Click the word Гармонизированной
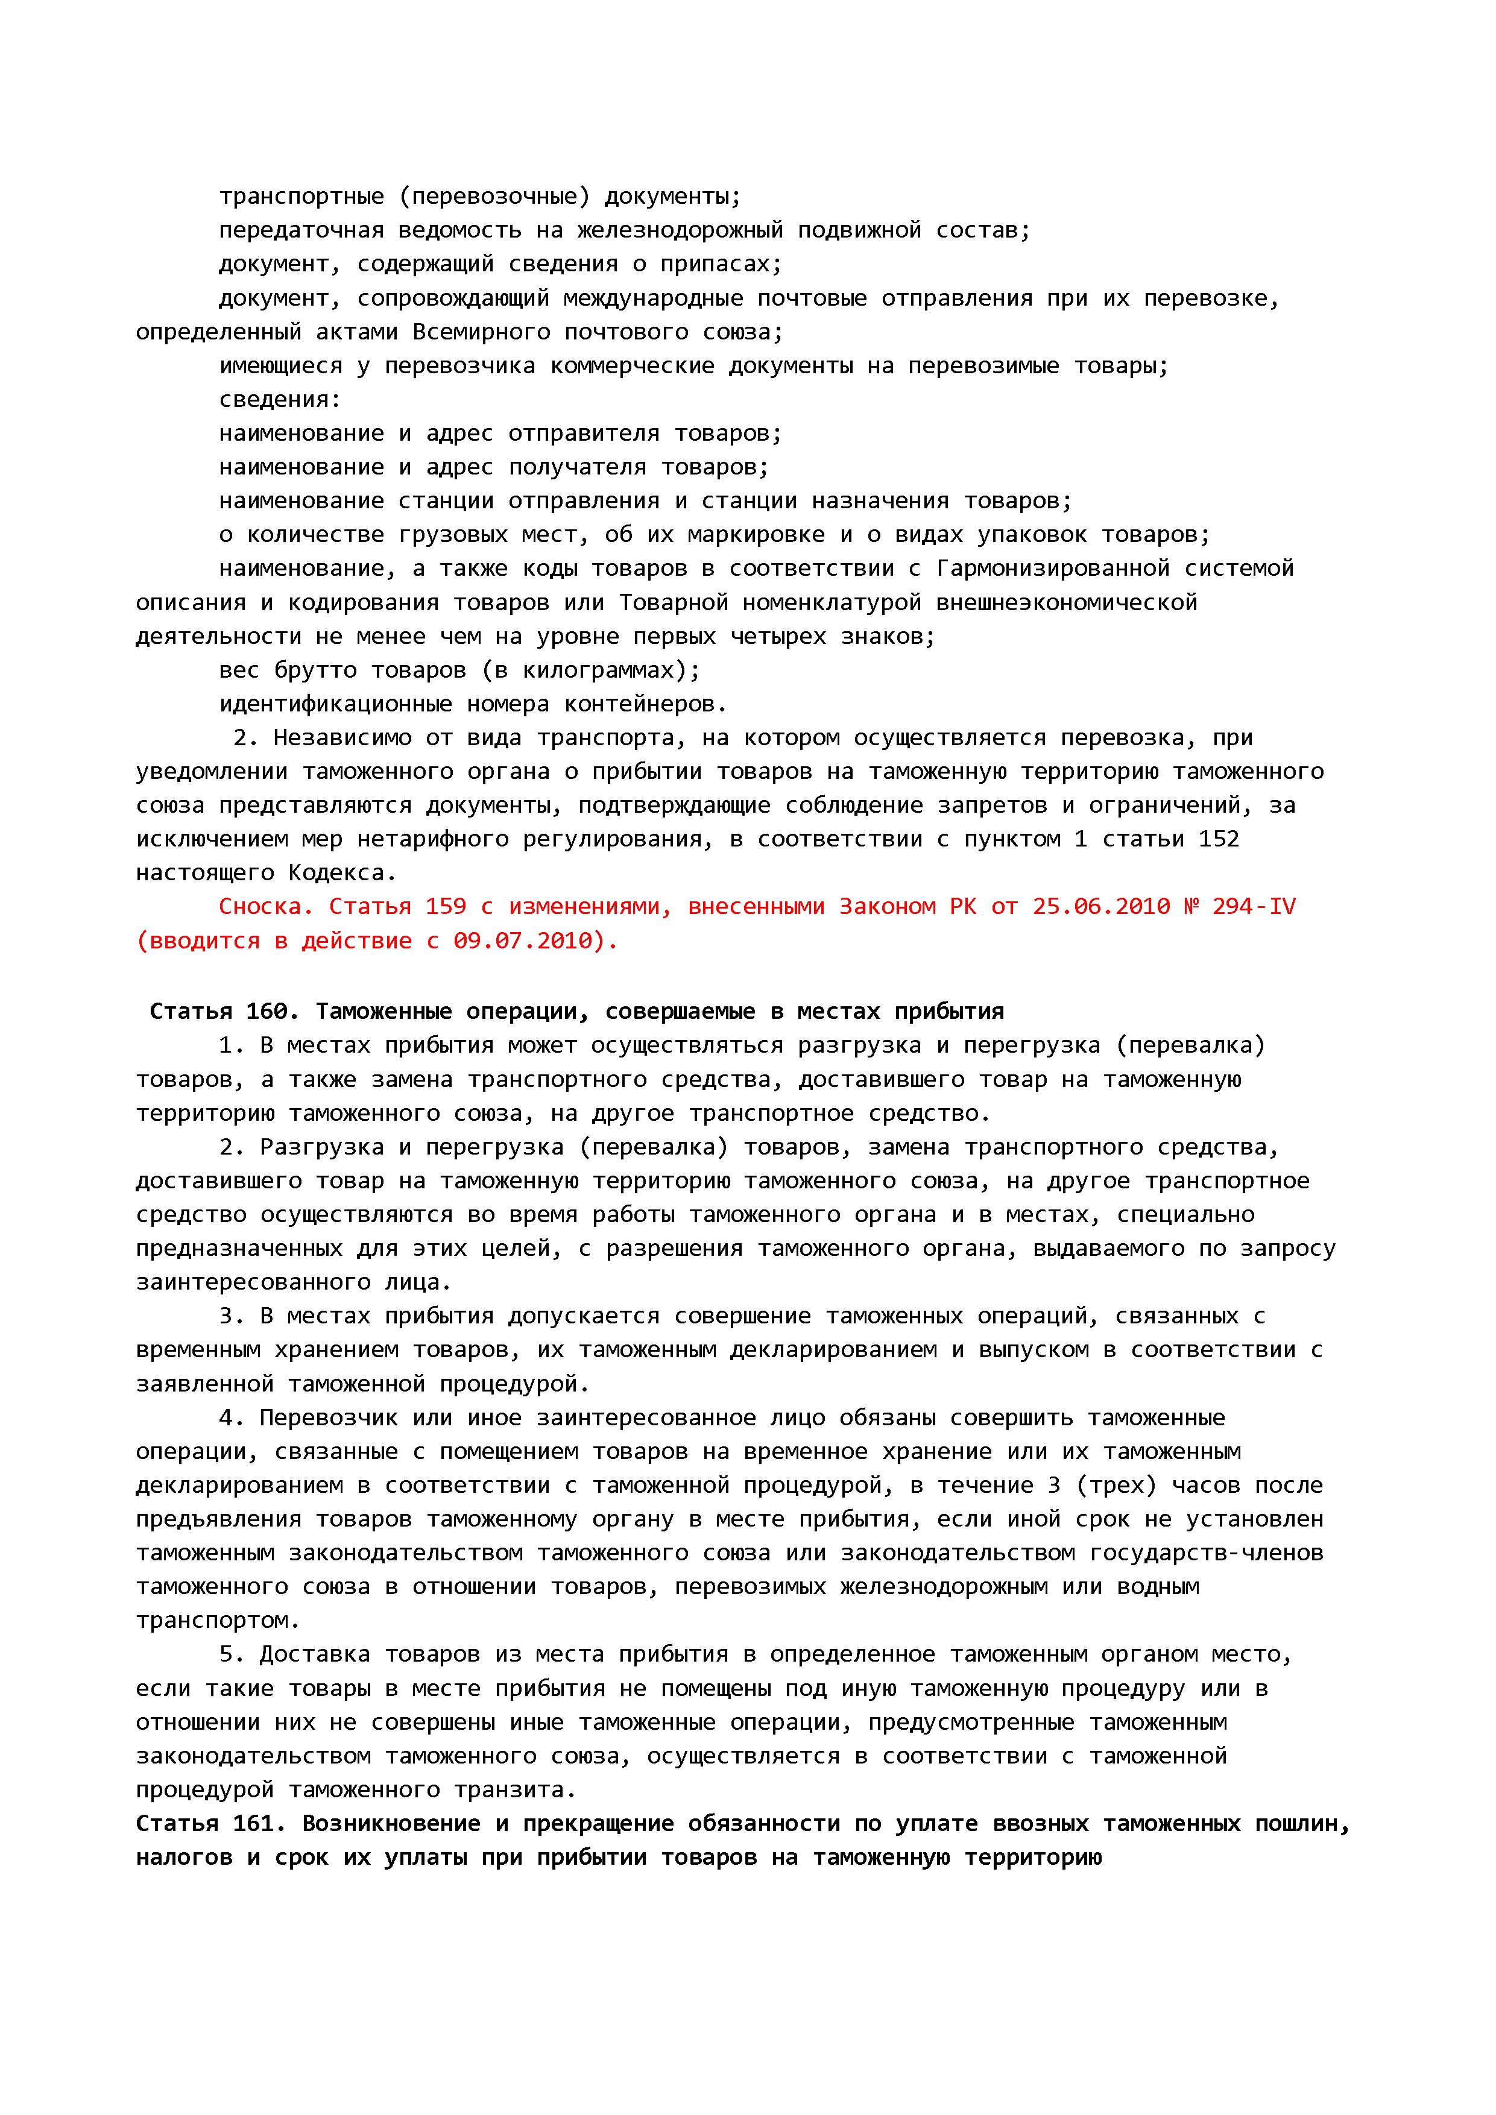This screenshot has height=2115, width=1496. (1053, 569)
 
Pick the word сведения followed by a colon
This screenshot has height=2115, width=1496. (279, 400)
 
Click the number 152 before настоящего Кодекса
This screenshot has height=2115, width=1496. (1219, 839)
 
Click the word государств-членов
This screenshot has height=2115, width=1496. (1207, 1553)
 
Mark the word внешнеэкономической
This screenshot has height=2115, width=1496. (1067, 602)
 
